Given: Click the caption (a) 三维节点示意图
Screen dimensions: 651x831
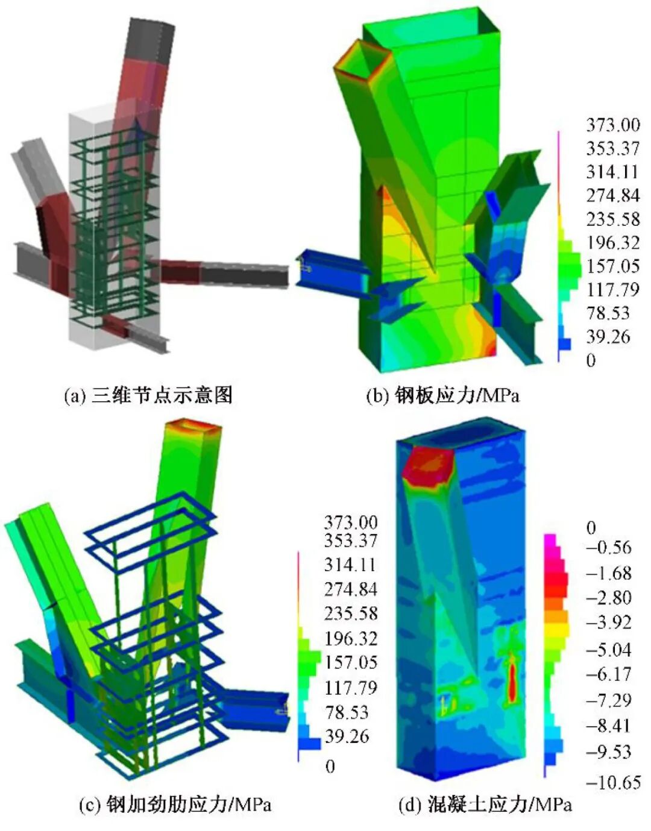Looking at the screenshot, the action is point(148,395).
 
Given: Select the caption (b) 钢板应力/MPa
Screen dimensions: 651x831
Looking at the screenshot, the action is point(443,396).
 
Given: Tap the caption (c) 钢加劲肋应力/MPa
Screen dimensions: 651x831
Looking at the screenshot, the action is point(175,813).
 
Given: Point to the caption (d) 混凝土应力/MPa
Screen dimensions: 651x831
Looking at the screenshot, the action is point(485,814).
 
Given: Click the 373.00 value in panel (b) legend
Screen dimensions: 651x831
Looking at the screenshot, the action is point(613,125).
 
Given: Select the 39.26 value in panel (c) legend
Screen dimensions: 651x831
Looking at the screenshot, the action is point(347,736).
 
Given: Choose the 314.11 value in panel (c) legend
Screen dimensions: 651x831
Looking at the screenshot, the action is point(350,565).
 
